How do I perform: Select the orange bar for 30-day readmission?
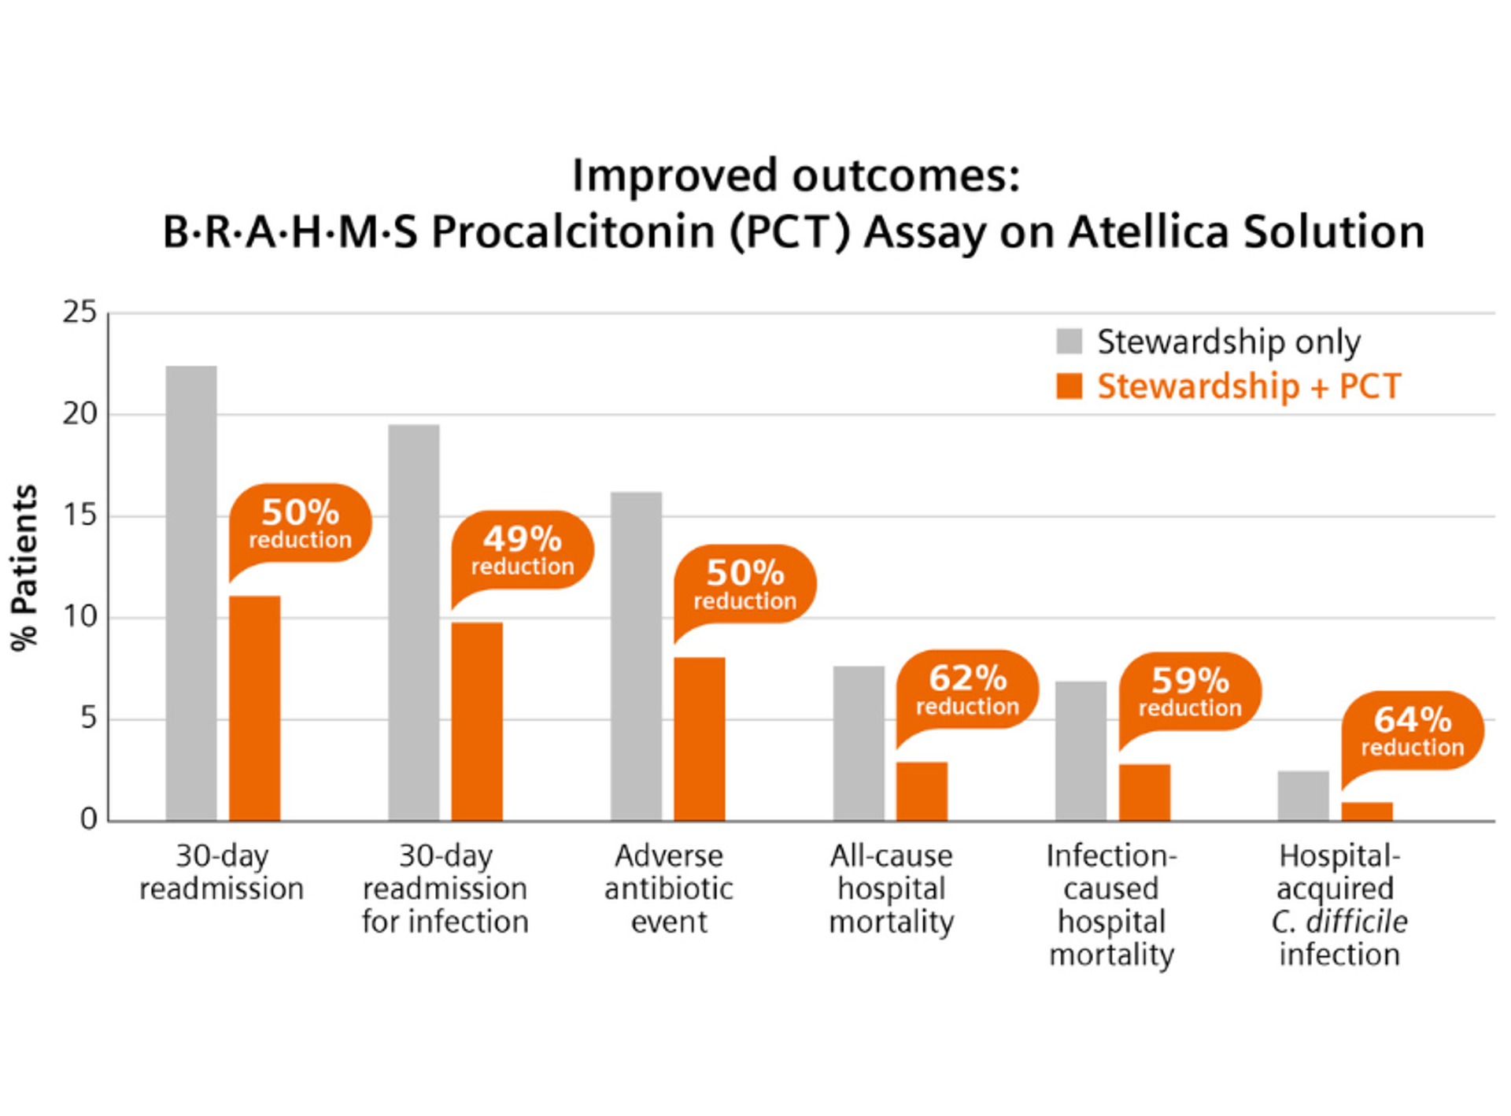click(254, 708)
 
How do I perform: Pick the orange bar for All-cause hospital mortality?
click(922, 791)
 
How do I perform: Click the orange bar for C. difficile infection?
click(1367, 811)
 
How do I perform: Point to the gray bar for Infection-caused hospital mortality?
click(1081, 751)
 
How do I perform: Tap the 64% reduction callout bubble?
click(1413, 730)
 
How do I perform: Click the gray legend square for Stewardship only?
click(1069, 342)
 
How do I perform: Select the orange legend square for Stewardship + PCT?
click(1069, 386)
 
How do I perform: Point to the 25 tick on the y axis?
click(79, 312)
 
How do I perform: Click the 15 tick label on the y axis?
click(79, 516)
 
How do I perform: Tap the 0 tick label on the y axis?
click(88, 819)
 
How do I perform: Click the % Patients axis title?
click(24, 567)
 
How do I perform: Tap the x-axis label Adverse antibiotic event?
click(668, 889)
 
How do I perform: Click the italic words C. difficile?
click(1339, 922)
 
